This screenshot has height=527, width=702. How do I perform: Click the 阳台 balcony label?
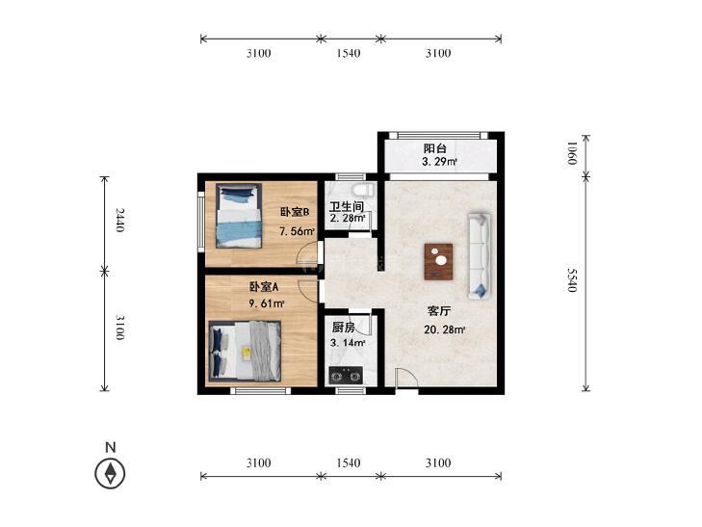(x=434, y=148)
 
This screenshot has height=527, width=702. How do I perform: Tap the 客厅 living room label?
(x=439, y=311)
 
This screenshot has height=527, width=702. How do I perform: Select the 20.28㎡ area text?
(x=445, y=330)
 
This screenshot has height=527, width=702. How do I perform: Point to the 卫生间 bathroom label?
(x=347, y=206)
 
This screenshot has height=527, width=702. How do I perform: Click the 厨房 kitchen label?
(x=344, y=328)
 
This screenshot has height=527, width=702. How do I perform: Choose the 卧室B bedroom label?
(x=295, y=212)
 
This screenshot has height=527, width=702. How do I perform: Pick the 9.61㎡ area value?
(x=267, y=303)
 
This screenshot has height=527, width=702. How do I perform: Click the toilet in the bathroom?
(x=363, y=189)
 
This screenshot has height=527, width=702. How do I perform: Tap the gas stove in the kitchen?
(x=346, y=375)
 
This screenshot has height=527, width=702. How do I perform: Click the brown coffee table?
(x=438, y=262)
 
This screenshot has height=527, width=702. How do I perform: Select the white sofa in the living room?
(x=479, y=256)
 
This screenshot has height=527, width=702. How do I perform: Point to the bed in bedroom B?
(x=239, y=216)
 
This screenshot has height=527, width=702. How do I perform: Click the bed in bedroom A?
(x=245, y=352)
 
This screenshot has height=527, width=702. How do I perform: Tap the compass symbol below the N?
(x=110, y=473)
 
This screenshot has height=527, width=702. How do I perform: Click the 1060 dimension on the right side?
(x=572, y=153)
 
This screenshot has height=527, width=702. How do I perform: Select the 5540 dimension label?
(x=572, y=280)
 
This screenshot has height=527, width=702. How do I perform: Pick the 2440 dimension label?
(x=119, y=220)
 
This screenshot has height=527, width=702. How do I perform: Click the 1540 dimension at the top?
(x=349, y=53)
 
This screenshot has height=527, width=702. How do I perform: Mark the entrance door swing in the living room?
(x=406, y=379)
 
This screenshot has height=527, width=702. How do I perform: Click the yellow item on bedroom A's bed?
(x=246, y=354)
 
